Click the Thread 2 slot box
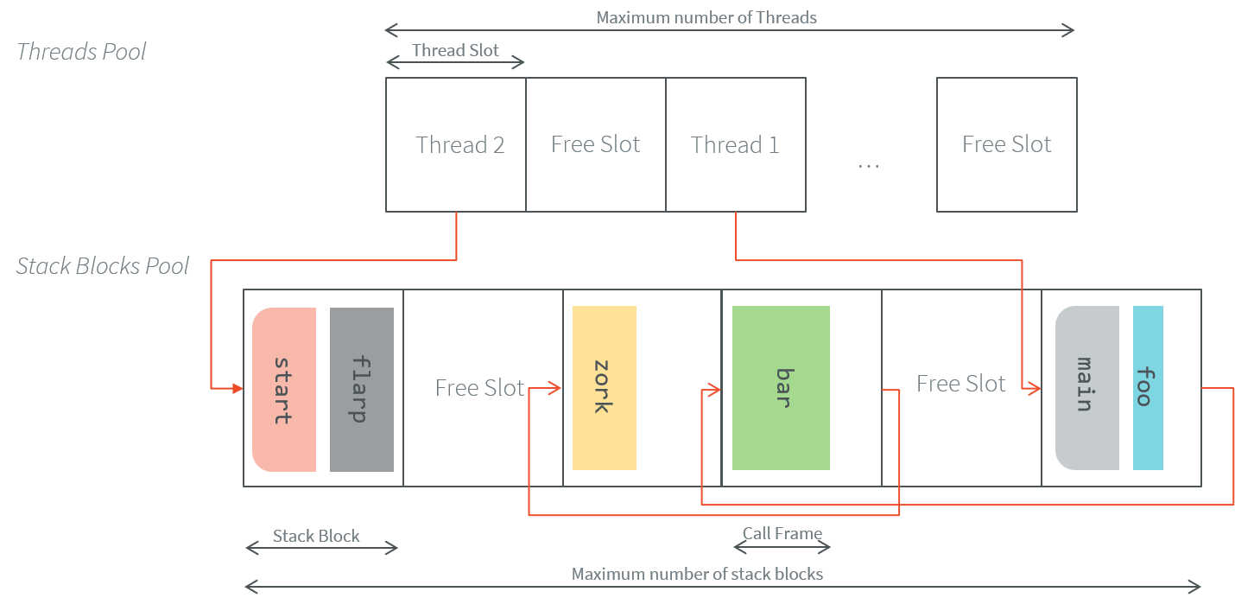[455, 144]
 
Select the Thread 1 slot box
[735, 144]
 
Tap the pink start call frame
[284, 390]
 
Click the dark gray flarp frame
[361, 390]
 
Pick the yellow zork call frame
[604, 388]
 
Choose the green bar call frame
[781, 388]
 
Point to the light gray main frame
[1086, 388]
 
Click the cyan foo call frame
[1148, 388]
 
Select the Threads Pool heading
[81, 52]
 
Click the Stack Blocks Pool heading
[103, 266]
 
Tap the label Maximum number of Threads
[706, 17]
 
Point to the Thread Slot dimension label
[455, 51]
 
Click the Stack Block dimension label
[316, 537]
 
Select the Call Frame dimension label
[782, 534]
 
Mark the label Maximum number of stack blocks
[697, 575]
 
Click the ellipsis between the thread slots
[868, 163]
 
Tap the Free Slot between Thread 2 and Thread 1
[595, 144]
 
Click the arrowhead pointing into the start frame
[237, 389]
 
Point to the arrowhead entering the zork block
[556, 389]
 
